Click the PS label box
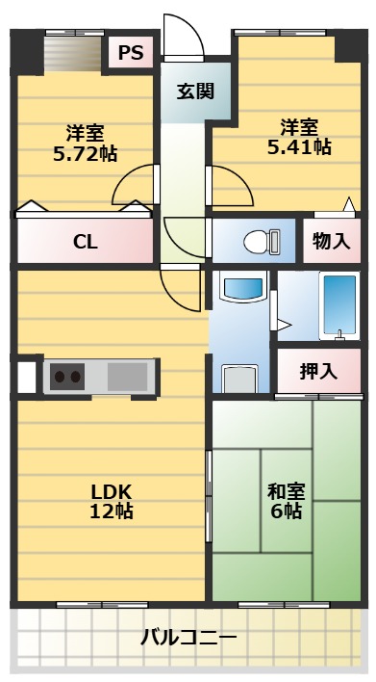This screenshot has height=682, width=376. tap(132, 53)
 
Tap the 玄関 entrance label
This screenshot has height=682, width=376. tap(195, 93)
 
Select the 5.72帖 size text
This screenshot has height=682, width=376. tap(85, 152)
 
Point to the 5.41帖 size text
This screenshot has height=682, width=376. tap(299, 146)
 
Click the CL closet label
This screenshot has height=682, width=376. tap(85, 243)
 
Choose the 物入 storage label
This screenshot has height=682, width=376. tap(332, 241)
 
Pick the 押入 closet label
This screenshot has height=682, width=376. tap(317, 370)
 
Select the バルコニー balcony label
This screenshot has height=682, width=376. tap(188, 638)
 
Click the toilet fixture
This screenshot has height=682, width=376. tap(258, 241)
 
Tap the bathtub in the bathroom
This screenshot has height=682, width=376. tap(338, 305)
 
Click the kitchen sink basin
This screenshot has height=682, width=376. tap(127, 375)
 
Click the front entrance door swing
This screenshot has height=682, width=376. tap(183, 39)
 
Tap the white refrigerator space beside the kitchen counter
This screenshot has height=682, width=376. tap(25, 376)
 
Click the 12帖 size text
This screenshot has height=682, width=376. tap(111, 511)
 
